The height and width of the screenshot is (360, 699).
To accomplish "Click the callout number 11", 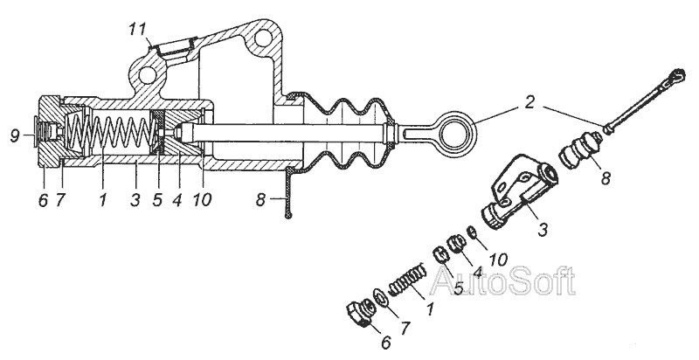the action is tap(138, 30).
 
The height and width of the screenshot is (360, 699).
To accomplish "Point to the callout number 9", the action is tap(15, 135).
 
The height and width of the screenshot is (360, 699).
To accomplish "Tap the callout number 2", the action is tap(529, 102).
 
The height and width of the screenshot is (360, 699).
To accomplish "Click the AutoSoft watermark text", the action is tap(503, 280).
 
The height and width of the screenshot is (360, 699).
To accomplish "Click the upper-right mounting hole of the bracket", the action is tap(264, 38).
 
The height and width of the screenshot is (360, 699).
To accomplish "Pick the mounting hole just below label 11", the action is tap(147, 75).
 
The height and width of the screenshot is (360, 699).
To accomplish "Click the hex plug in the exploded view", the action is tap(358, 314).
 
